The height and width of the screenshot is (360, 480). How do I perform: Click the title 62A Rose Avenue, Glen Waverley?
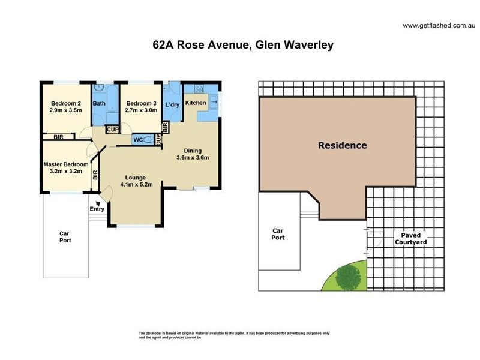[x=243, y=44]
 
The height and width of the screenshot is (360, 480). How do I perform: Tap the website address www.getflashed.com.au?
[x=439, y=25]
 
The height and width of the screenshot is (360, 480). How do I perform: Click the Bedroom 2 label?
[x=66, y=106]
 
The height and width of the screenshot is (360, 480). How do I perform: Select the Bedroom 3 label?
[x=141, y=106]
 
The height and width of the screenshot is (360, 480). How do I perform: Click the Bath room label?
[x=99, y=103]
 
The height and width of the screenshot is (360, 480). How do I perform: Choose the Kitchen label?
[x=196, y=103]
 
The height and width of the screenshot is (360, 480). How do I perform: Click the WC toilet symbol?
[x=147, y=140]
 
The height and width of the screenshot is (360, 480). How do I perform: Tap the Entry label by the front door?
[x=97, y=209]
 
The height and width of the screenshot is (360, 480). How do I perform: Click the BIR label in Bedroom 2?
[x=58, y=137]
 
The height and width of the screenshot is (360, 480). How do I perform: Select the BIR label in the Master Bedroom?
[x=95, y=176]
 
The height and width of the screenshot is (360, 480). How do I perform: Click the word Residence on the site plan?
[x=342, y=145]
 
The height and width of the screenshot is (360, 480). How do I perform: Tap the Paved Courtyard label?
[x=410, y=238]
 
